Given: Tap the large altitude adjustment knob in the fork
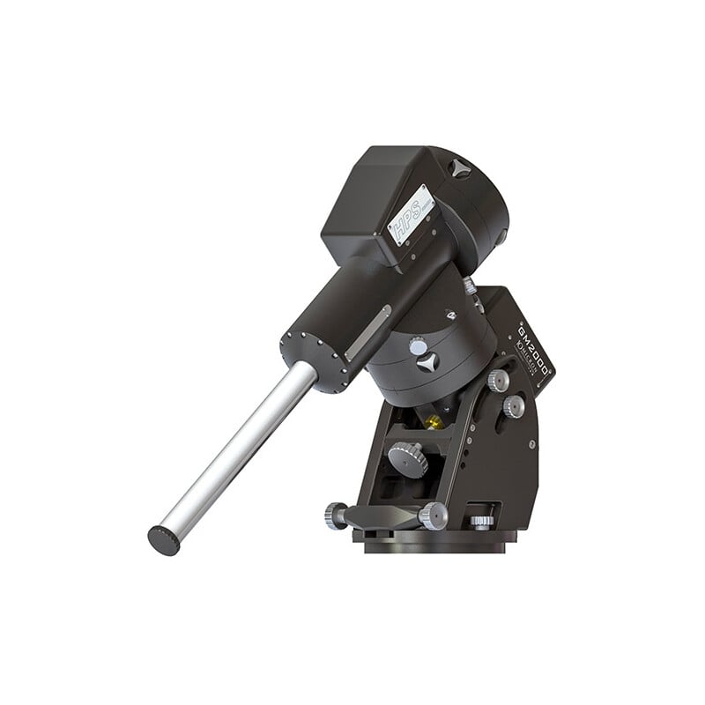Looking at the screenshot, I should [x=408, y=455].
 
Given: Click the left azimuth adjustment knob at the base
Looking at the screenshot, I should [x=337, y=514].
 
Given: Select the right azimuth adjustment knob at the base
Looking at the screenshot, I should [x=433, y=516].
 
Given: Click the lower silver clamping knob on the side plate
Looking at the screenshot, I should [x=514, y=404].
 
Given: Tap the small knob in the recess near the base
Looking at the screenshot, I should [x=480, y=518].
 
